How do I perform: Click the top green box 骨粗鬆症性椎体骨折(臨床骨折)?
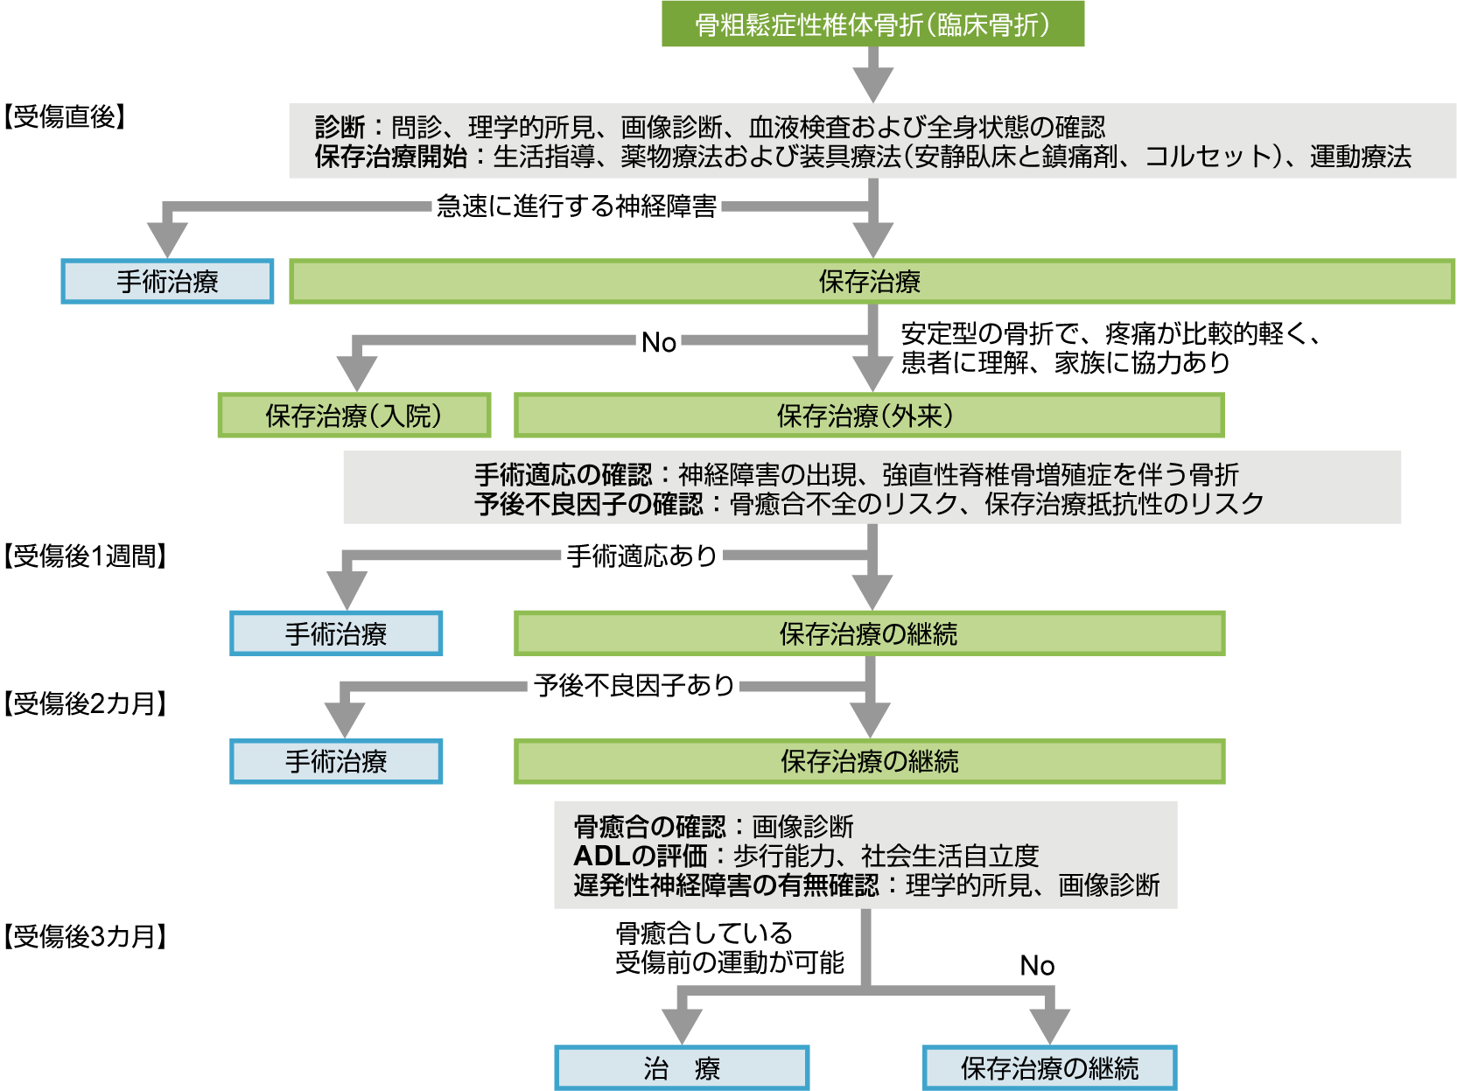tap(872, 24)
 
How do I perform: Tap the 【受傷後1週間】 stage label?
tap(84, 556)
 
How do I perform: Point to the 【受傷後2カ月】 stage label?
tap(84, 703)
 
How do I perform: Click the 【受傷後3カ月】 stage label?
tap(84, 937)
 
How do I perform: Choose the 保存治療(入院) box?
tap(354, 416)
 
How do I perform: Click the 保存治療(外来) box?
tap(868, 416)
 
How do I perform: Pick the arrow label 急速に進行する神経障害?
tap(577, 206)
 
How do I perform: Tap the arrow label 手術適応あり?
tap(641, 556)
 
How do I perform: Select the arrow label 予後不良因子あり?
tap(634, 685)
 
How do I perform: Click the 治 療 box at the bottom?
tap(682, 1068)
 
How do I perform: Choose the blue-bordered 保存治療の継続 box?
tap(1049, 1068)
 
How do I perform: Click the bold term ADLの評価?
tap(640, 856)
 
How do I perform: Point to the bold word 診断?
tap(340, 128)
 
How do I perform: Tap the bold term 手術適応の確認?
tap(563, 475)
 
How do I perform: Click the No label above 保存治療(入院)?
tap(659, 343)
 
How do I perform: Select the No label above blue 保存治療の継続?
tap(1037, 966)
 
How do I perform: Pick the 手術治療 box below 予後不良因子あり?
tap(336, 762)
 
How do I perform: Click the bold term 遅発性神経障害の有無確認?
tap(725, 885)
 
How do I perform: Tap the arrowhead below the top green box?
tap(872, 84)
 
